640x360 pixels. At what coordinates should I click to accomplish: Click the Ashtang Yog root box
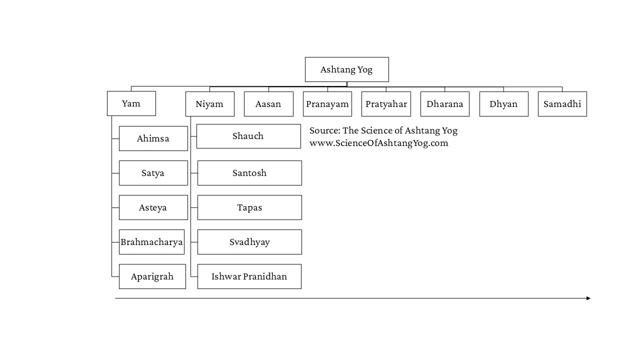[347, 69]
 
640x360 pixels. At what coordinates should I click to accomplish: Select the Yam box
[131, 103]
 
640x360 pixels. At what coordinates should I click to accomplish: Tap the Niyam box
[210, 104]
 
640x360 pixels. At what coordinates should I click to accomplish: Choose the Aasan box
[268, 104]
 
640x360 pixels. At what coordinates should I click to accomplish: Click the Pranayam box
[327, 104]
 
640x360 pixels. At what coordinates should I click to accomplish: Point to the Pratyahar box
[386, 104]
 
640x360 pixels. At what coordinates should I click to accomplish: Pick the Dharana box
[445, 104]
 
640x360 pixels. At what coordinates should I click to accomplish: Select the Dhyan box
[504, 104]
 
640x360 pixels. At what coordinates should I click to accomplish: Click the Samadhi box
[562, 104]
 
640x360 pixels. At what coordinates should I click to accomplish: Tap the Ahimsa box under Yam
[153, 138]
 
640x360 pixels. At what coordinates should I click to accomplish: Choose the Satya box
[153, 173]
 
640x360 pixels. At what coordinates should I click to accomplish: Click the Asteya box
[153, 207]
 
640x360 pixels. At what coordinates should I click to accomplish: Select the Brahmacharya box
[151, 242]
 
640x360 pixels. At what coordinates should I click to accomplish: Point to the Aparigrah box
[152, 276]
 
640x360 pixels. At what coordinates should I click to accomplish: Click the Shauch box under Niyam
[248, 136]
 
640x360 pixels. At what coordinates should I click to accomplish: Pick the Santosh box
[249, 173]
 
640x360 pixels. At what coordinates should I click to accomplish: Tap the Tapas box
[249, 207]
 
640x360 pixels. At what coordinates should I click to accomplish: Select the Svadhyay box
[249, 242]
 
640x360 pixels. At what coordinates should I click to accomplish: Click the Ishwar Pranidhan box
[249, 276]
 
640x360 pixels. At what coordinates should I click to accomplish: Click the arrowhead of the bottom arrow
[588, 298]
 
